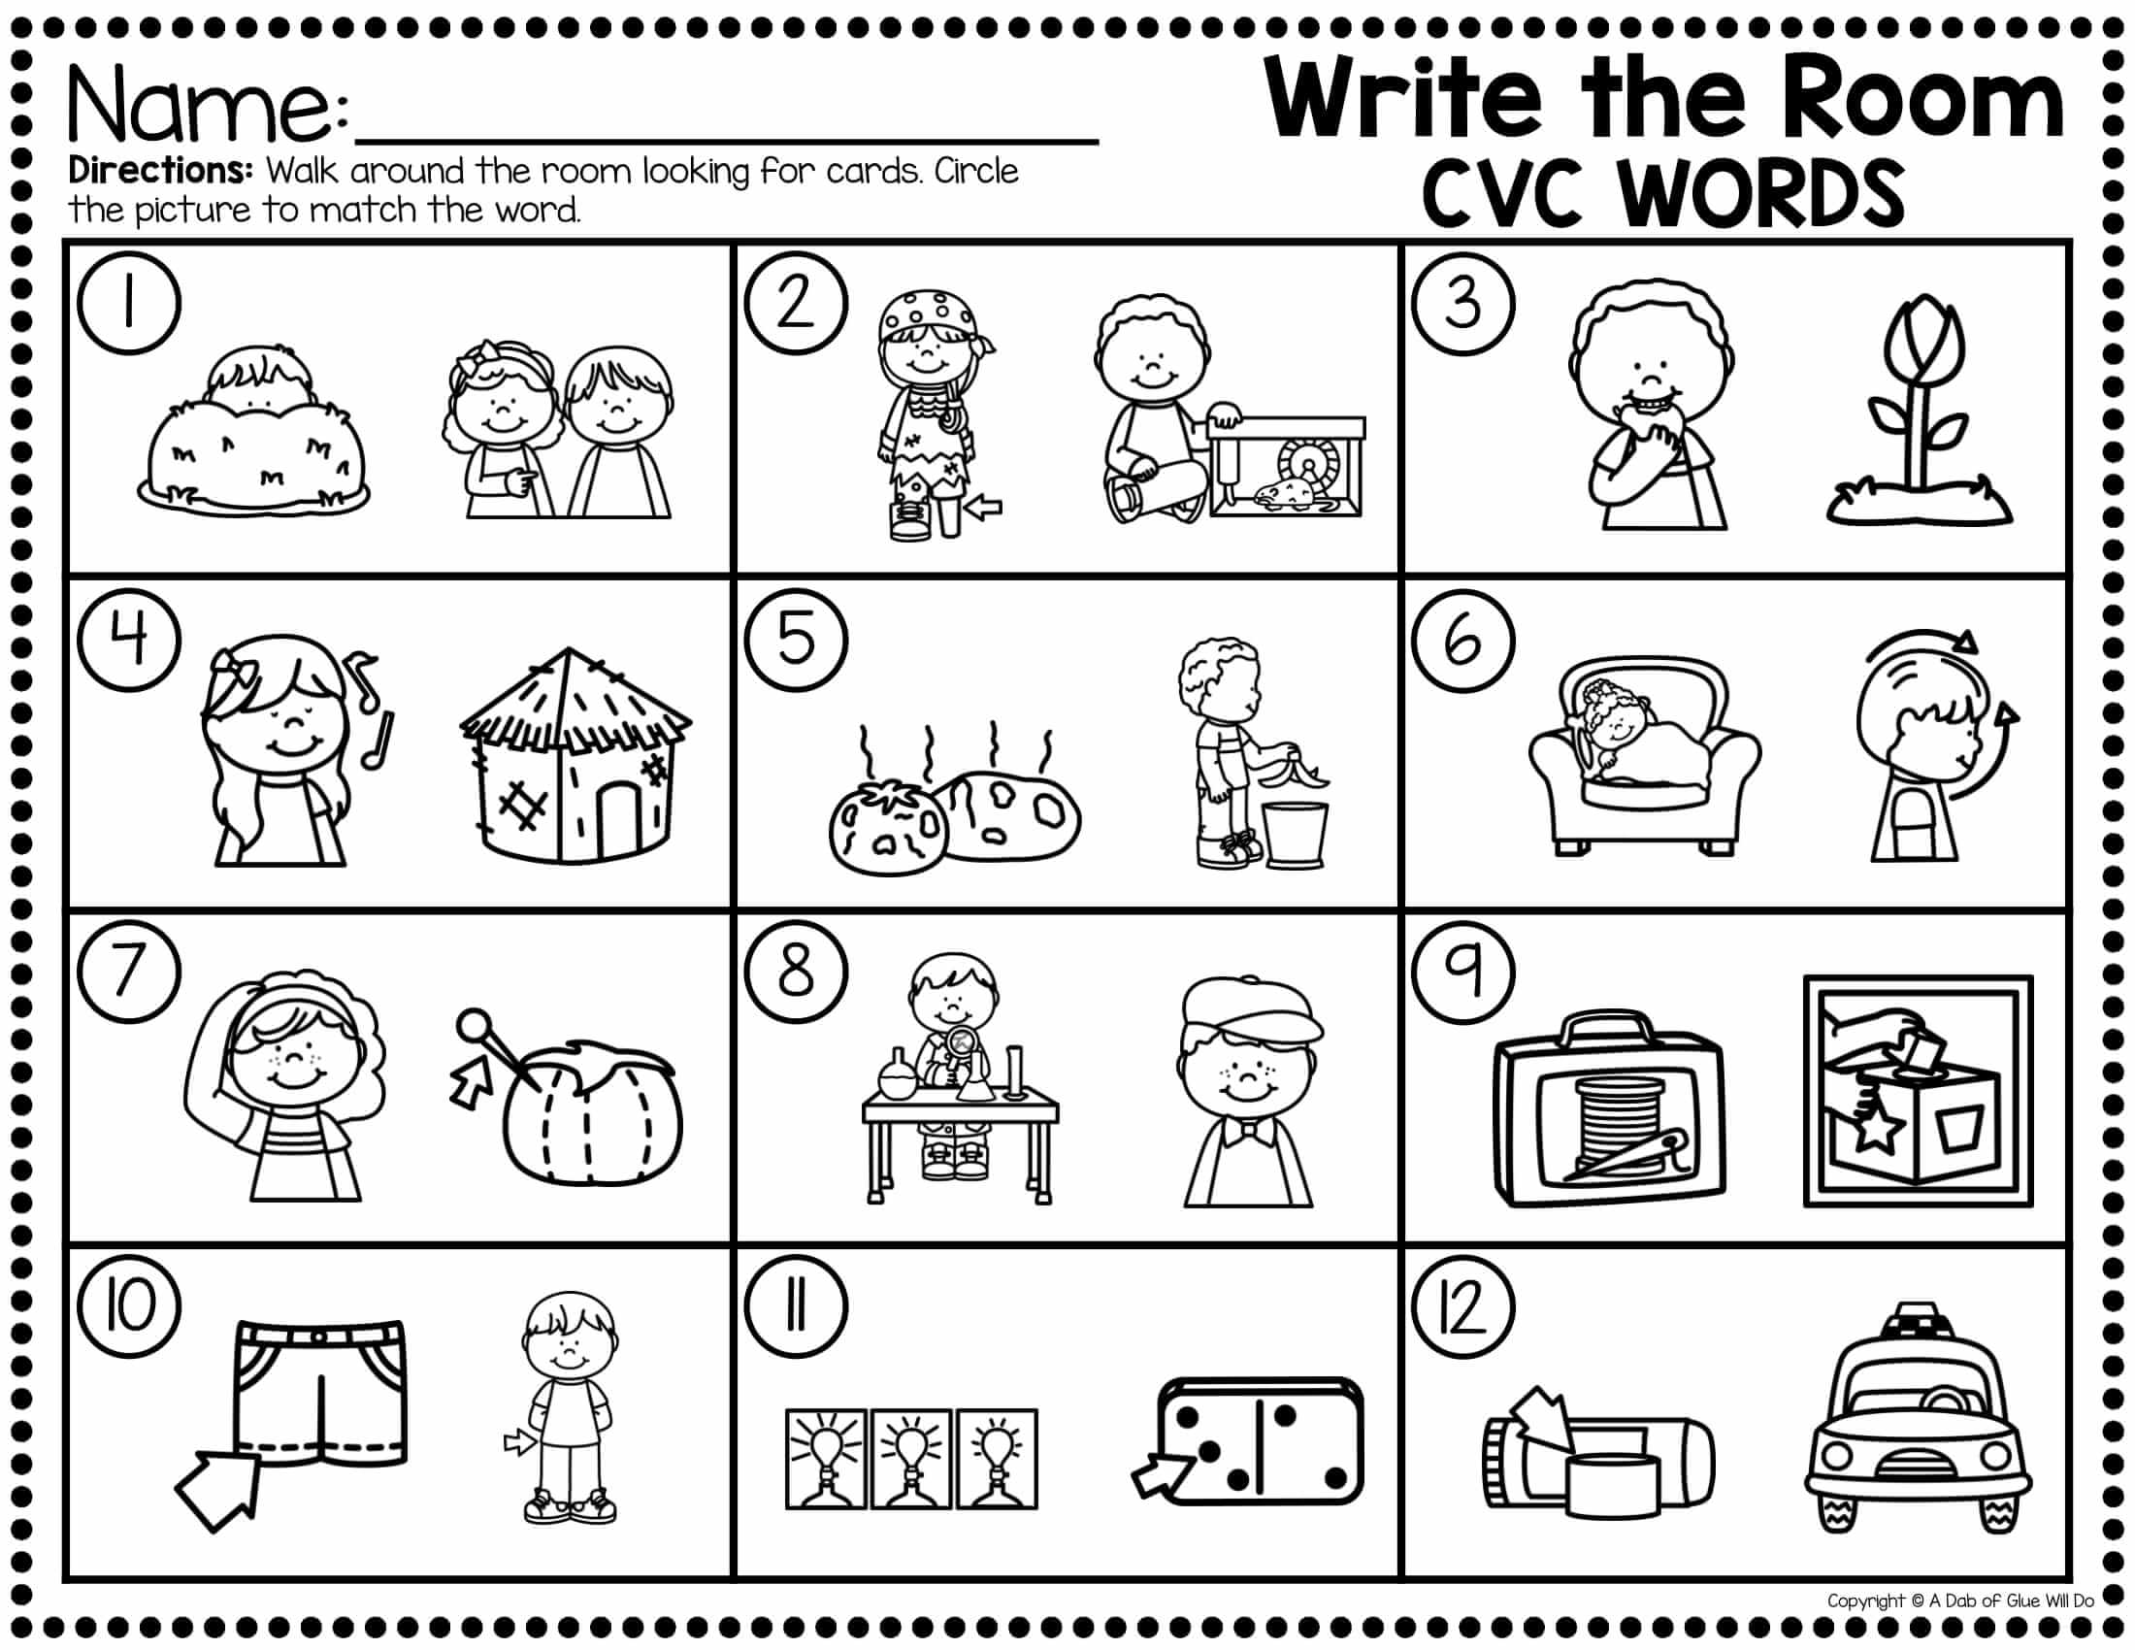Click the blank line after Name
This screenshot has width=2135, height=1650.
pos(729,143)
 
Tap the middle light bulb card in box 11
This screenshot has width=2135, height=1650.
pos(910,1458)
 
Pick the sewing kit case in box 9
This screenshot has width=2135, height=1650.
pos(1610,1110)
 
